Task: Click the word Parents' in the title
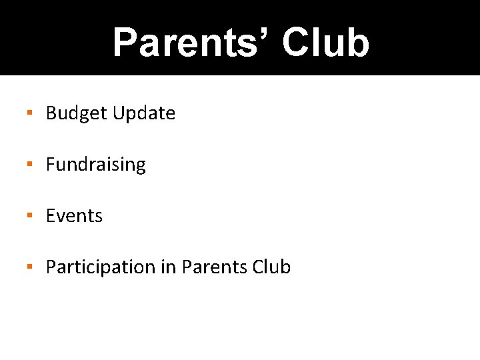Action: point(191,43)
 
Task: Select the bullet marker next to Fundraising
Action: point(30,164)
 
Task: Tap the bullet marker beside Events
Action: point(30,215)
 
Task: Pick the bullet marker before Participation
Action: point(30,267)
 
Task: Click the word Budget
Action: point(77,114)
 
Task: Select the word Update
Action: point(144,114)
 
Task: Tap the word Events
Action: point(74,216)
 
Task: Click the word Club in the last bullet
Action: point(272,267)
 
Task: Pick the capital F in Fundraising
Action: point(51,165)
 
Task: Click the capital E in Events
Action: point(51,216)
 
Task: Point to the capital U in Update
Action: point(119,113)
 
